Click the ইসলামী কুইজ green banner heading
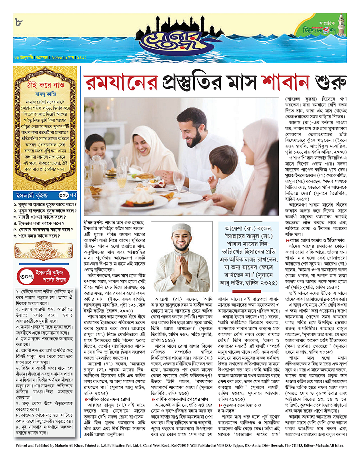[x=32, y=196]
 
